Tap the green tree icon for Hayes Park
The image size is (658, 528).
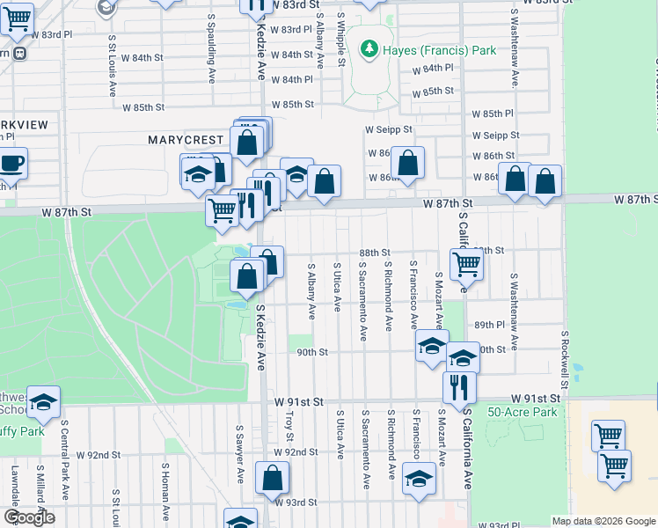point(368,49)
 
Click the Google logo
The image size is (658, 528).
point(29,517)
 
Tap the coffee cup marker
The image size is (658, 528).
point(11,164)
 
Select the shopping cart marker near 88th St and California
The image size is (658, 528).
point(466,262)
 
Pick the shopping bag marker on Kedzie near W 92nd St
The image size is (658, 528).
point(273,478)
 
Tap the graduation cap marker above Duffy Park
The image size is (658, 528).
point(43,401)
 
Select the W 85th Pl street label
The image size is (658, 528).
point(492,114)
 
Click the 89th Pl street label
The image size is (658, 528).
point(489,325)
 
